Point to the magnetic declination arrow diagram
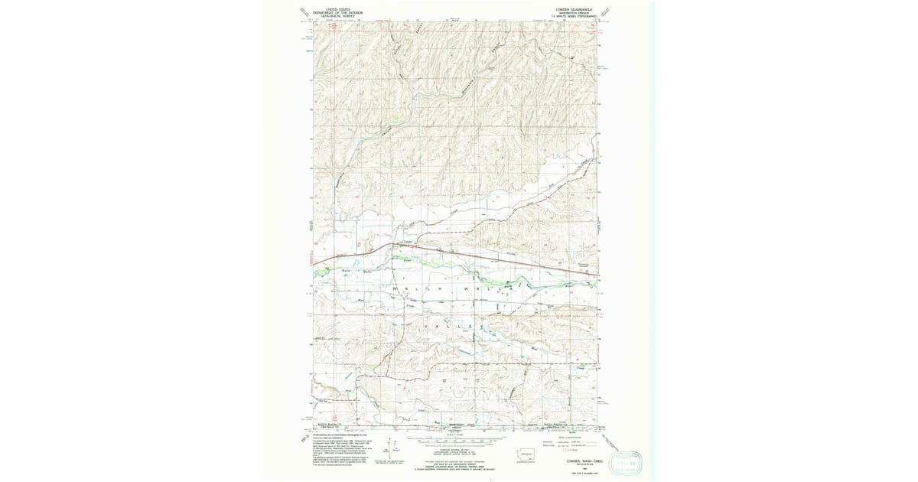pyautogui.click(x=394, y=449)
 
